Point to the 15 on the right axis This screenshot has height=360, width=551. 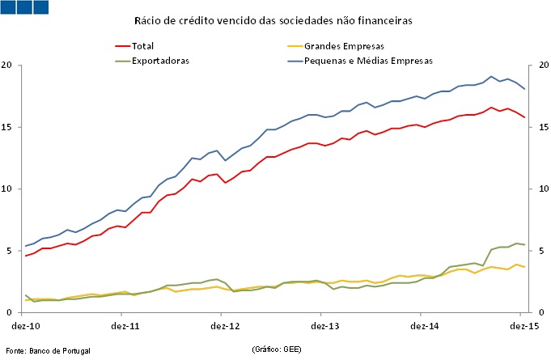538,127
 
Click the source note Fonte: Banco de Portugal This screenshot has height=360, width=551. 48,350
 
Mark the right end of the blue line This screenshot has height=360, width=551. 525,88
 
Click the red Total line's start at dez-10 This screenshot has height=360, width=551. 26,256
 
